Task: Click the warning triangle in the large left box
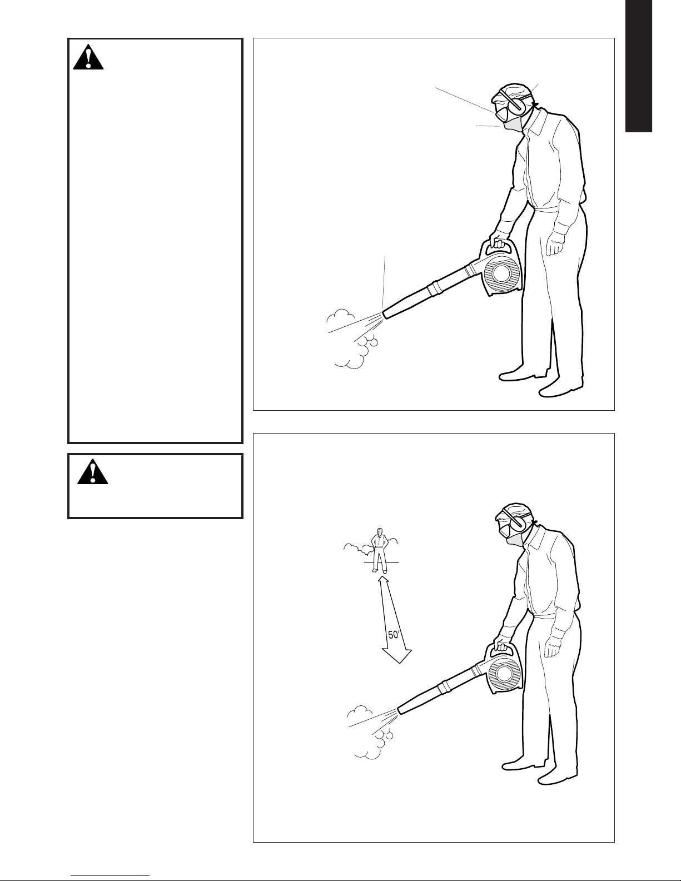88,58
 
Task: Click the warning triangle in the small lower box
93,471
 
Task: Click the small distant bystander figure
379,550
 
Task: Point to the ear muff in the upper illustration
517,104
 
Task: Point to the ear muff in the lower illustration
519,524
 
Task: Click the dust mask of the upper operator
513,123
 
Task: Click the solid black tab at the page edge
638,66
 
